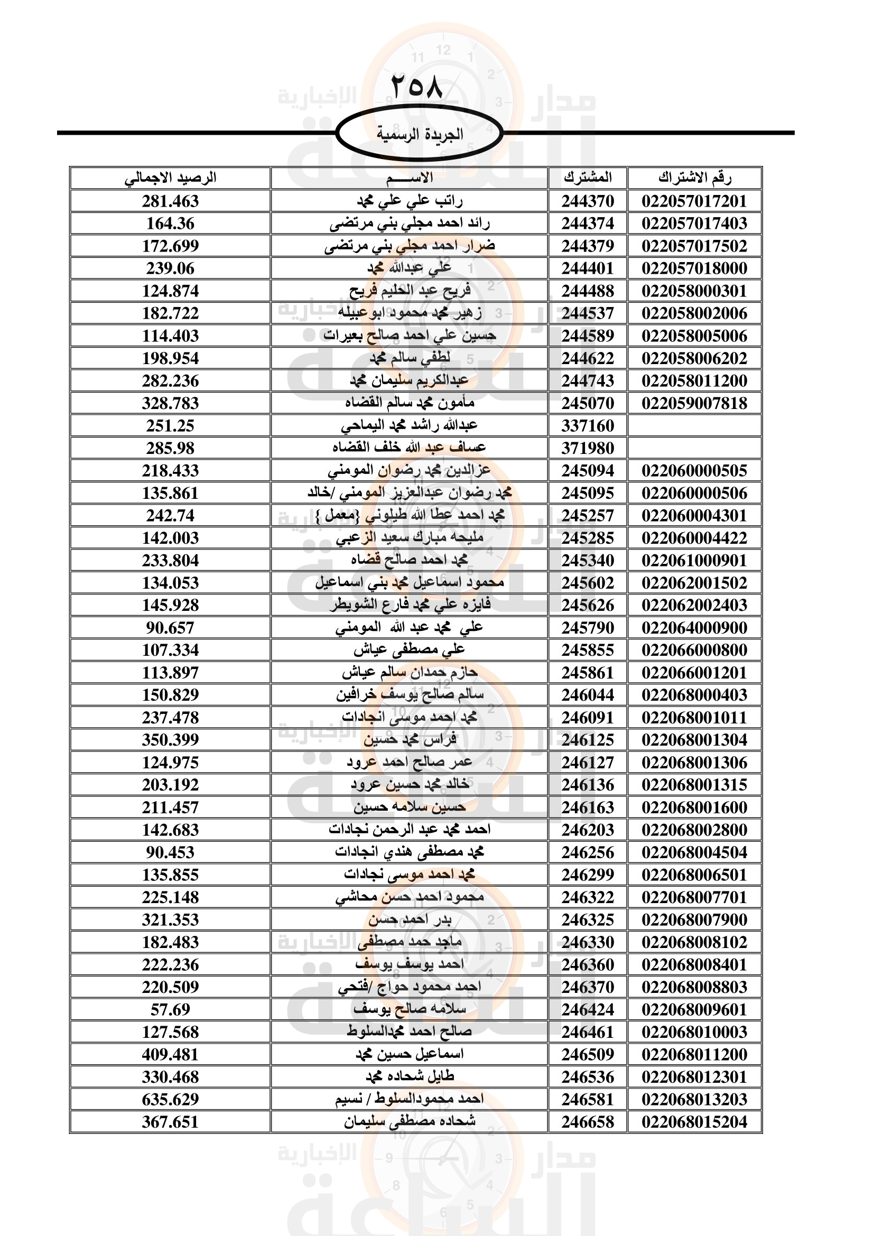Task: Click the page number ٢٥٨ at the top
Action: tap(417, 86)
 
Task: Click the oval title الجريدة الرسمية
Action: tap(419, 134)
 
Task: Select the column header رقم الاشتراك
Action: tap(694, 178)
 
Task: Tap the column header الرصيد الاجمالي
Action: tap(170, 178)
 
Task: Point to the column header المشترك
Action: tap(588, 178)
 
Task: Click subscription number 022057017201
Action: tap(694, 201)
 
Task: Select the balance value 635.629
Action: tap(170, 1099)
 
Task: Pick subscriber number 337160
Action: tap(588, 426)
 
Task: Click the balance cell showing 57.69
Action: tap(170, 1009)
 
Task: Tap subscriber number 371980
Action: tap(588, 449)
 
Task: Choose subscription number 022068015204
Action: tap(694, 1122)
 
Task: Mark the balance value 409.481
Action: tap(170, 1054)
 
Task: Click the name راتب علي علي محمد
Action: tap(410, 201)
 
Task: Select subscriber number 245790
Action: tap(588, 628)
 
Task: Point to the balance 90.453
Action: tap(170, 852)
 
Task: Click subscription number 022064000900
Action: tap(694, 628)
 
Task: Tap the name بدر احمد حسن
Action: tap(410, 919)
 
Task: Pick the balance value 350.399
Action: tap(170, 740)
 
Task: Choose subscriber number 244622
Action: tap(588, 358)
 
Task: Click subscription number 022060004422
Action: tap(694, 538)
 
